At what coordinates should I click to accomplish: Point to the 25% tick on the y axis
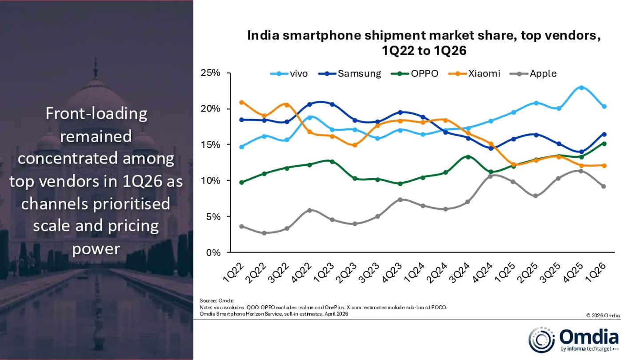coord(211,73)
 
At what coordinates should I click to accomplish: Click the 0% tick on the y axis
coord(213,252)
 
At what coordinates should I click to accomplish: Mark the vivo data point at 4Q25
coord(581,88)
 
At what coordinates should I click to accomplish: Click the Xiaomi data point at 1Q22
coord(241,102)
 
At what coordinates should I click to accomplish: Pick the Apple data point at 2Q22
coord(264,233)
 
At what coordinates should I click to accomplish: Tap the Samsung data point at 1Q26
coord(604,134)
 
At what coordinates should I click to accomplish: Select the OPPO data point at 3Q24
coord(468,157)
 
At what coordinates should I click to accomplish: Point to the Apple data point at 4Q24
coord(490,176)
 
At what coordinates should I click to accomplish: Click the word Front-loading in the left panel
coord(96,114)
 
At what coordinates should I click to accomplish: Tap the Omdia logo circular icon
coord(542,340)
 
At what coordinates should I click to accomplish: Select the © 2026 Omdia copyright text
coord(603,316)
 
